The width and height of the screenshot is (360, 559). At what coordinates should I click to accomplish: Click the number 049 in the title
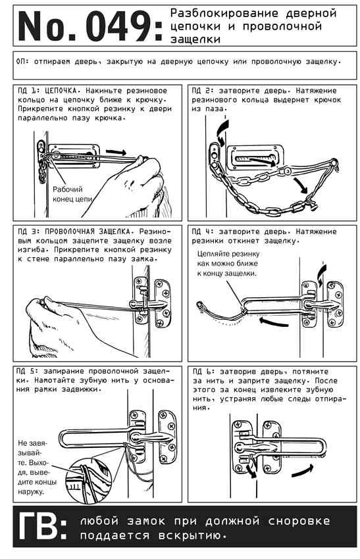coord(119,26)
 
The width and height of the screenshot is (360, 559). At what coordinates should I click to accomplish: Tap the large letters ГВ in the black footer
coord(38,527)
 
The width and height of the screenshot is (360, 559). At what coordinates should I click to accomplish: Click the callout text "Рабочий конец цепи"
coord(72,194)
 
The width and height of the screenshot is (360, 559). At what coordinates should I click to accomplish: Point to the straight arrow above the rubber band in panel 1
coord(116,152)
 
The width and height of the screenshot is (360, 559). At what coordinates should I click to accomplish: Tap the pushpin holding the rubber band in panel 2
coord(334,163)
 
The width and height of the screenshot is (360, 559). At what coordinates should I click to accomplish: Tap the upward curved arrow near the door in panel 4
coord(321,273)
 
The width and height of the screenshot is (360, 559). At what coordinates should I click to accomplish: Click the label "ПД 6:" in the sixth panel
coord(203,372)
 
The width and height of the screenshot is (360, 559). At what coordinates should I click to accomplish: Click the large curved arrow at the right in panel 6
coord(302,471)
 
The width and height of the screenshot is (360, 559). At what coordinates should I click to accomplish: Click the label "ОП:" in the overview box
coord(23,62)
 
